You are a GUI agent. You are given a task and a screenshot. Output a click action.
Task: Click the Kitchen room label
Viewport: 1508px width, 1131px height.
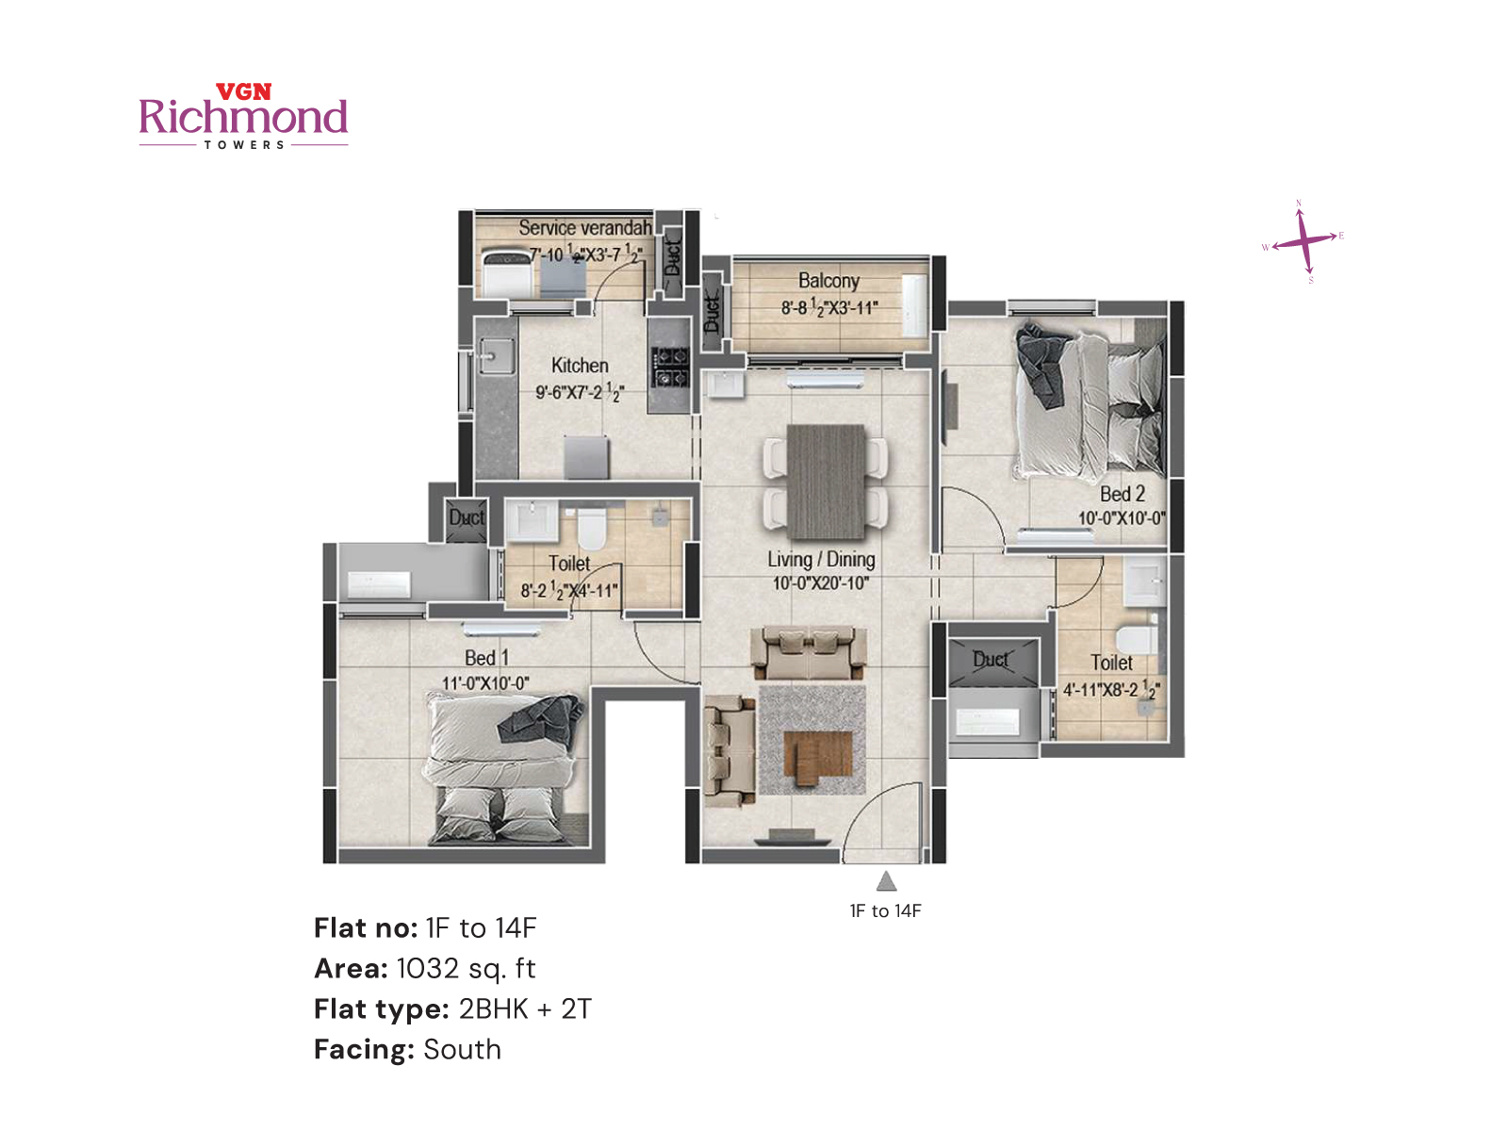pos(580,366)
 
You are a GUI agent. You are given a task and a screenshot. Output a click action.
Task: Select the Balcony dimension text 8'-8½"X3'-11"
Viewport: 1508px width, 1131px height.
pos(829,307)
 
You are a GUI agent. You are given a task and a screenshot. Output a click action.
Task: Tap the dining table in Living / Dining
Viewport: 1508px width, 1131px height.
pos(826,481)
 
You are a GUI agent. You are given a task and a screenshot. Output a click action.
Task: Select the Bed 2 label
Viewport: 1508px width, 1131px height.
pos(1122,494)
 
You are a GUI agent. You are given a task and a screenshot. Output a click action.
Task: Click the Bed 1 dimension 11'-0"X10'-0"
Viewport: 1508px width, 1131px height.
pos(485,683)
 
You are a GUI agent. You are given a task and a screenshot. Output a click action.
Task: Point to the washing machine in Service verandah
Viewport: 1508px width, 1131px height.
pos(508,273)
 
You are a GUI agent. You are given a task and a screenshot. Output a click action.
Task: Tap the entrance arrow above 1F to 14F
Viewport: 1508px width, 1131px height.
pos(886,881)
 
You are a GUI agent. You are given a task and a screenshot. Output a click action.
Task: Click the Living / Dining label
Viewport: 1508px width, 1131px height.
pos(821,559)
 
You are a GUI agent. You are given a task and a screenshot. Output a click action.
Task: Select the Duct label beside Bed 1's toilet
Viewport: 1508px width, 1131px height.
pos(466,517)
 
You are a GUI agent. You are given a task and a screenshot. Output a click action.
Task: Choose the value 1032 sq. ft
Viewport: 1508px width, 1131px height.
pos(466,968)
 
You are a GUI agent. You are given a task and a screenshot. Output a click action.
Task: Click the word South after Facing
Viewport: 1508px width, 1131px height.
pos(462,1049)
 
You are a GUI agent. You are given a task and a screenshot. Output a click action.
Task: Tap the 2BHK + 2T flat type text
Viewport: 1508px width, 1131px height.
pos(525,1008)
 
